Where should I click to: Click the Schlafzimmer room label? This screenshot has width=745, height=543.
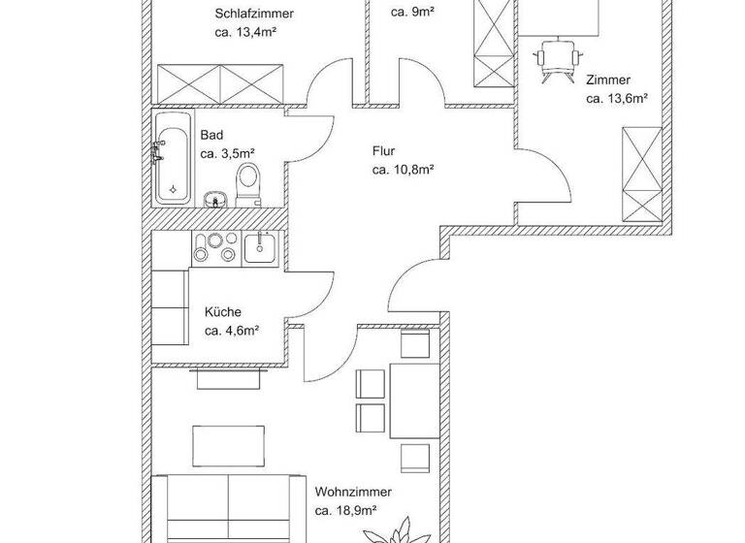point(253,14)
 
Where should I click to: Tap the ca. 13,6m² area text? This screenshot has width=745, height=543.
point(616,98)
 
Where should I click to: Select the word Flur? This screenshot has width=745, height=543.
point(384,151)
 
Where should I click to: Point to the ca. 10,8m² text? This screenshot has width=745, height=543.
point(402,169)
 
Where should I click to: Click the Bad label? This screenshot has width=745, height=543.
point(211,136)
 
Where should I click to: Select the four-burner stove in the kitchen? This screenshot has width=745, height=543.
point(215,248)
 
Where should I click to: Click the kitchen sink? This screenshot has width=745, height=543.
point(259,248)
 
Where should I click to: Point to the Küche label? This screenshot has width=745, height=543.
point(222,312)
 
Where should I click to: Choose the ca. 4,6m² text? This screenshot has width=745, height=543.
point(231,331)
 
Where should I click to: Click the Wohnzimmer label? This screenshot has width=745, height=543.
point(345,492)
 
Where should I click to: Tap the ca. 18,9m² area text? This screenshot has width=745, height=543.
point(345,509)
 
